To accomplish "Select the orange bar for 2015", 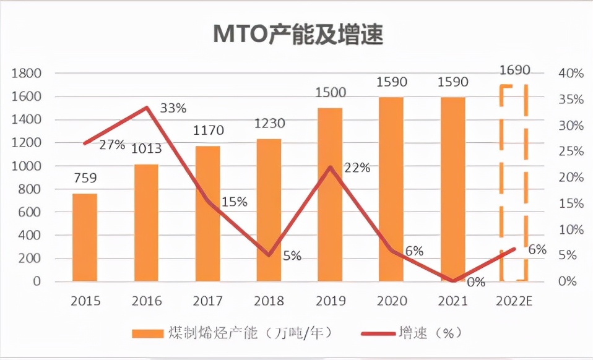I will coord(85,238).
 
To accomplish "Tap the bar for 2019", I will coord(330,195).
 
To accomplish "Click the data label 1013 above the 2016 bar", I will coord(146,148).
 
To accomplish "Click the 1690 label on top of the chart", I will coord(514,70).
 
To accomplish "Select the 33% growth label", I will coord(173,108).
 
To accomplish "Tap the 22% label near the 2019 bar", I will coord(357,168).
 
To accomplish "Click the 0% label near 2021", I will coord(475,281).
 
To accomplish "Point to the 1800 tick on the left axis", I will coord(27,74).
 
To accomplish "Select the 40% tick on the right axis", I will coord(570,74).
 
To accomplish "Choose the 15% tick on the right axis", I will coord(570,204).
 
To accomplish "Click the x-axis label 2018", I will coord(269,301).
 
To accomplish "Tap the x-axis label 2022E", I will coord(514,301).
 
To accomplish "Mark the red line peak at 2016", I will coord(147,108).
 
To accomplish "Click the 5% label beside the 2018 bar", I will coord(292,255).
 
